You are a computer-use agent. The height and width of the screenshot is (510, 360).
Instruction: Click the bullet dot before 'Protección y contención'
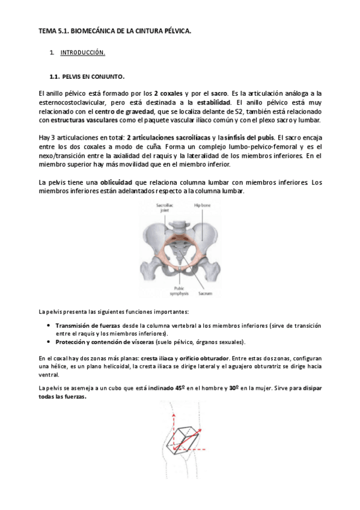point(49,342)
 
